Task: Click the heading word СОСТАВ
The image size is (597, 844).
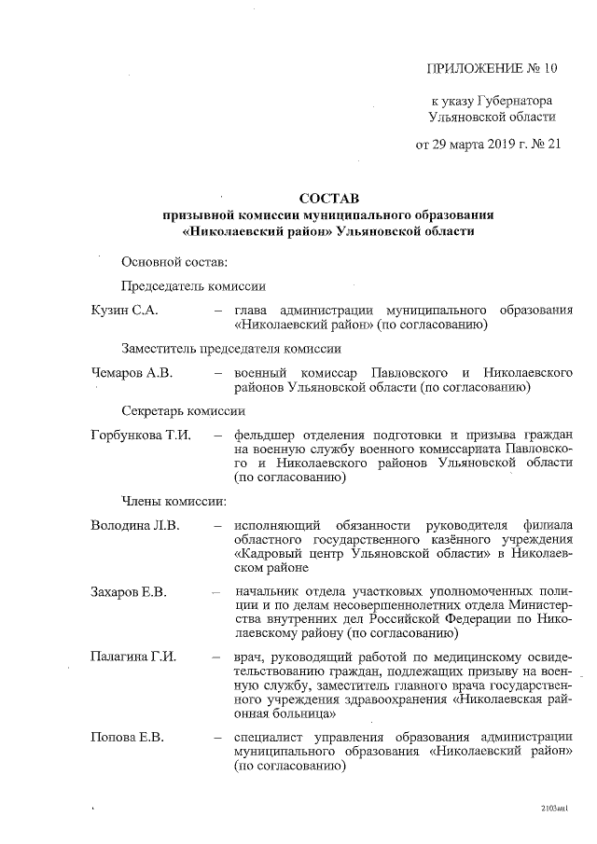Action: [x=328, y=199]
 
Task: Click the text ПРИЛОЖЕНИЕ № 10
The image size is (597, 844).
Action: [x=490, y=68]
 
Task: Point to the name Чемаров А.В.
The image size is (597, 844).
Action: [x=134, y=372]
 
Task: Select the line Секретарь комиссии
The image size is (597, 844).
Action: [x=183, y=411]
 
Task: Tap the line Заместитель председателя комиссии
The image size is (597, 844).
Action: [x=230, y=349]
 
